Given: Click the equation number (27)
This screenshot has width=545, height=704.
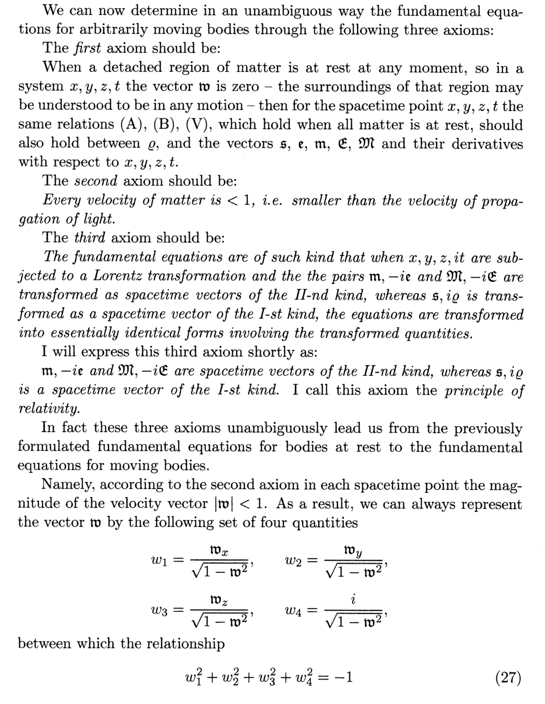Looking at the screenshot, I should [508, 678].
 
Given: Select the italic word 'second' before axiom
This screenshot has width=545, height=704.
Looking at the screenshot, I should [96, 181].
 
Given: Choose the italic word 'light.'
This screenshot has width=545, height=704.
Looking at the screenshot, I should [99, 219].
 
